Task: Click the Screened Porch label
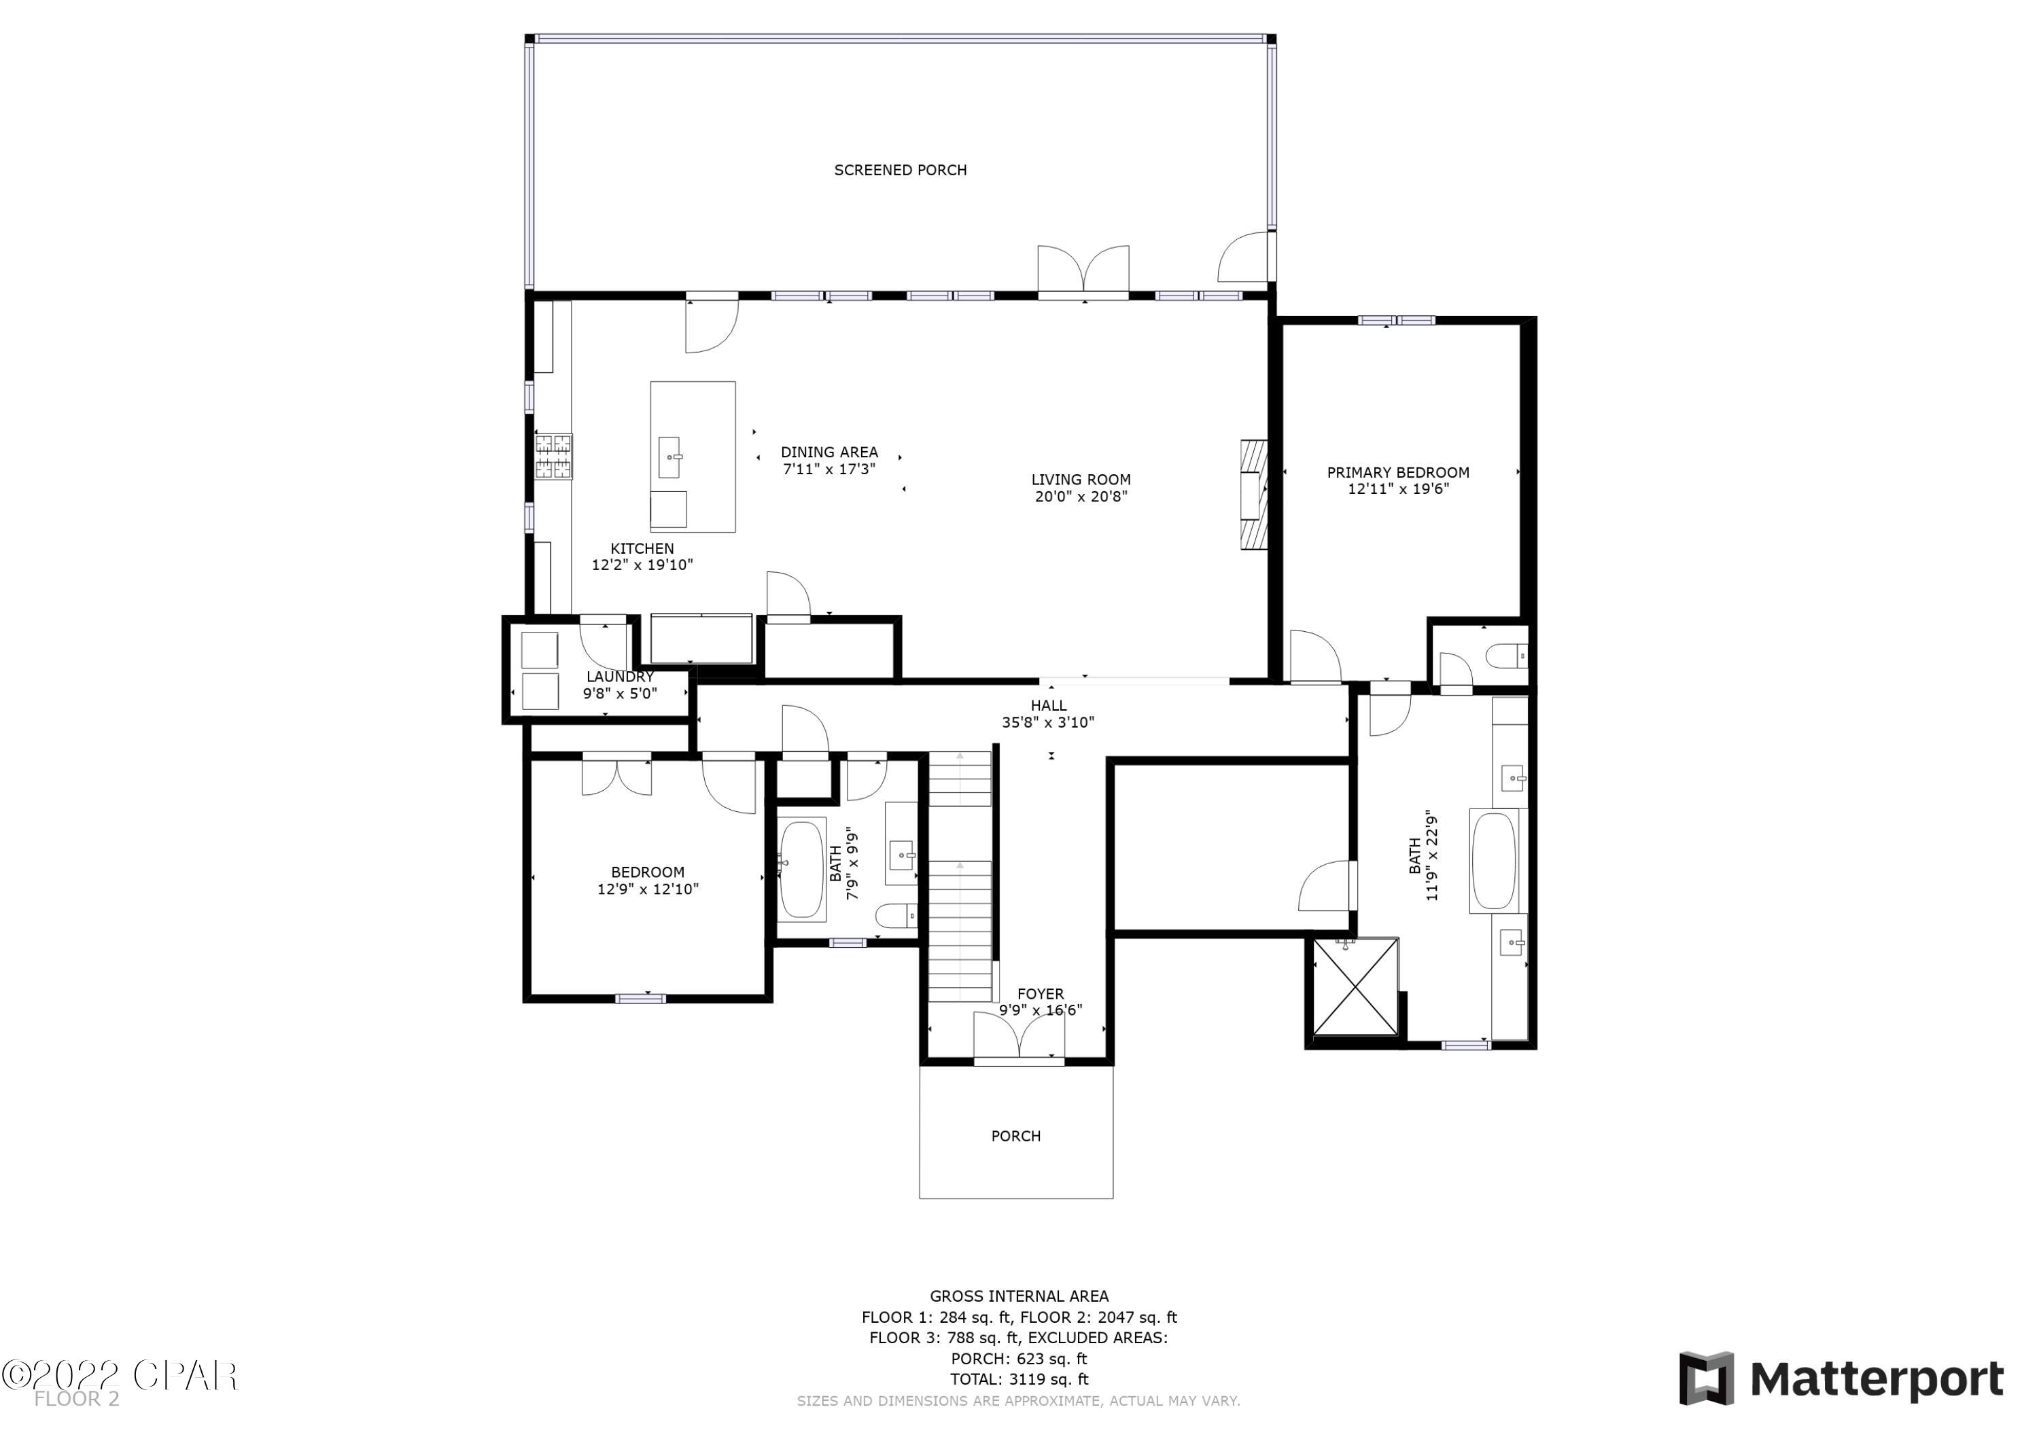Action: (900, 170)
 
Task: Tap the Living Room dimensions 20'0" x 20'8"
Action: (1081, 497)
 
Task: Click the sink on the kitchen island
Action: (669, 457)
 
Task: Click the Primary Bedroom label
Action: (1398, 472)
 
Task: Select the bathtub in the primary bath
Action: (1493, 860)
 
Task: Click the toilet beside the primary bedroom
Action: (1506, 657)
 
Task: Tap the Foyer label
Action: (1040, 993)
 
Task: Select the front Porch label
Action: (1015, 1135)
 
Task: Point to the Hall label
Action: (1048, 705)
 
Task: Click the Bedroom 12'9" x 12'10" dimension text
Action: (648, 889)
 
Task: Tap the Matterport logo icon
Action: (1706, 1379)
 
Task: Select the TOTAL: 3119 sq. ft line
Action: (1019, 1379)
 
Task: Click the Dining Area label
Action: (829, 452)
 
